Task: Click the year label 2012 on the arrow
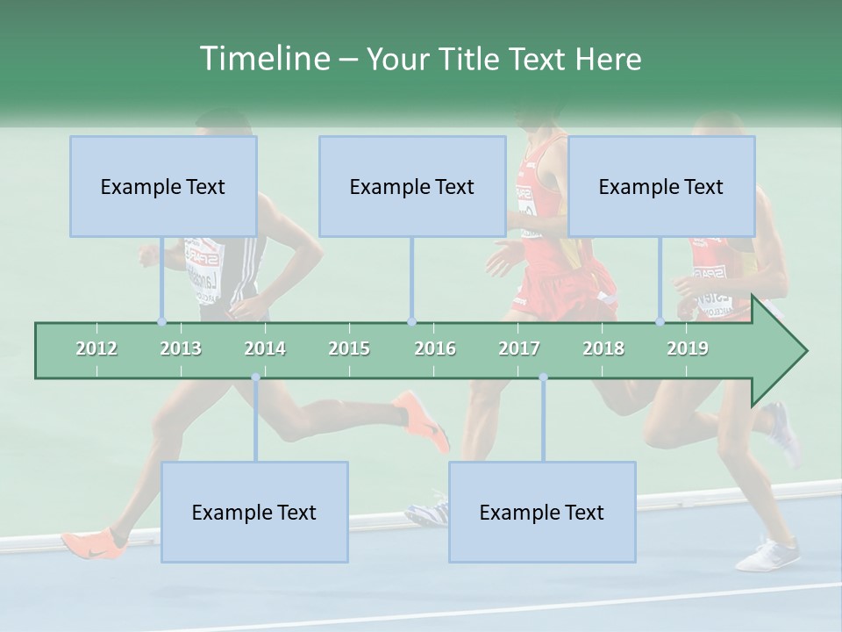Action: (96, 348)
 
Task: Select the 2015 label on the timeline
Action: (349, 348)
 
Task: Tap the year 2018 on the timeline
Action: (603, 348)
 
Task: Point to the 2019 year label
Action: (688, 348)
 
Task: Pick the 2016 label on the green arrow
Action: (435, 348)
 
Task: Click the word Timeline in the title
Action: (264, 58)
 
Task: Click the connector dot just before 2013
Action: (161, 321)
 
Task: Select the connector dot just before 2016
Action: (411, 321)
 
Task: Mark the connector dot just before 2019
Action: (660, 321)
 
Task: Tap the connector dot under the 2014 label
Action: (255, 377)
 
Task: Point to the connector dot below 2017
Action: (543, 377)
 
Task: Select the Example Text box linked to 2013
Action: (163, 186)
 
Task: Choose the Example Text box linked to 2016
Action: (412, 186)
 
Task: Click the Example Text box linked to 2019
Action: (661, 186)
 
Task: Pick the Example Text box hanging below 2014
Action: (254, 512)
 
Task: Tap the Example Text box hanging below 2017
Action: (542, 512)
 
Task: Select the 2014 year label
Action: (265, 348)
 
